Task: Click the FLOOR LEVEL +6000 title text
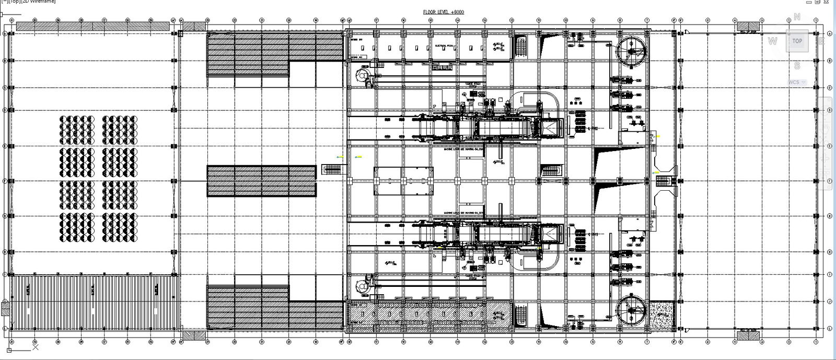coord(444,12)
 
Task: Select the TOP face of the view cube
coord(797,41)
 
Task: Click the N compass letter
coord(797,17)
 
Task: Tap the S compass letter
coord(797,66)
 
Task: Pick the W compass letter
coord(773,41)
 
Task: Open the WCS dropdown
coord(797,82)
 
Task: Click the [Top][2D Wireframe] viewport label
coord(28,2)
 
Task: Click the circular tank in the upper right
coord(631,51)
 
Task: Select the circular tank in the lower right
coord(631,311)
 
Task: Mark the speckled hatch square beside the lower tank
coord(661,315)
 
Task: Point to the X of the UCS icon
coord(35,346)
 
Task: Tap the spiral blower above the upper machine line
coord(362,76)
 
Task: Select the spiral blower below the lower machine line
coord(362,286)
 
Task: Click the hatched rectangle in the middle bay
coord(261,181)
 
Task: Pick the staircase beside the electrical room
coord(521,47)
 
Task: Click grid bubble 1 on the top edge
coord(816,20)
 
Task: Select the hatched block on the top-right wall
coord(749,26)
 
